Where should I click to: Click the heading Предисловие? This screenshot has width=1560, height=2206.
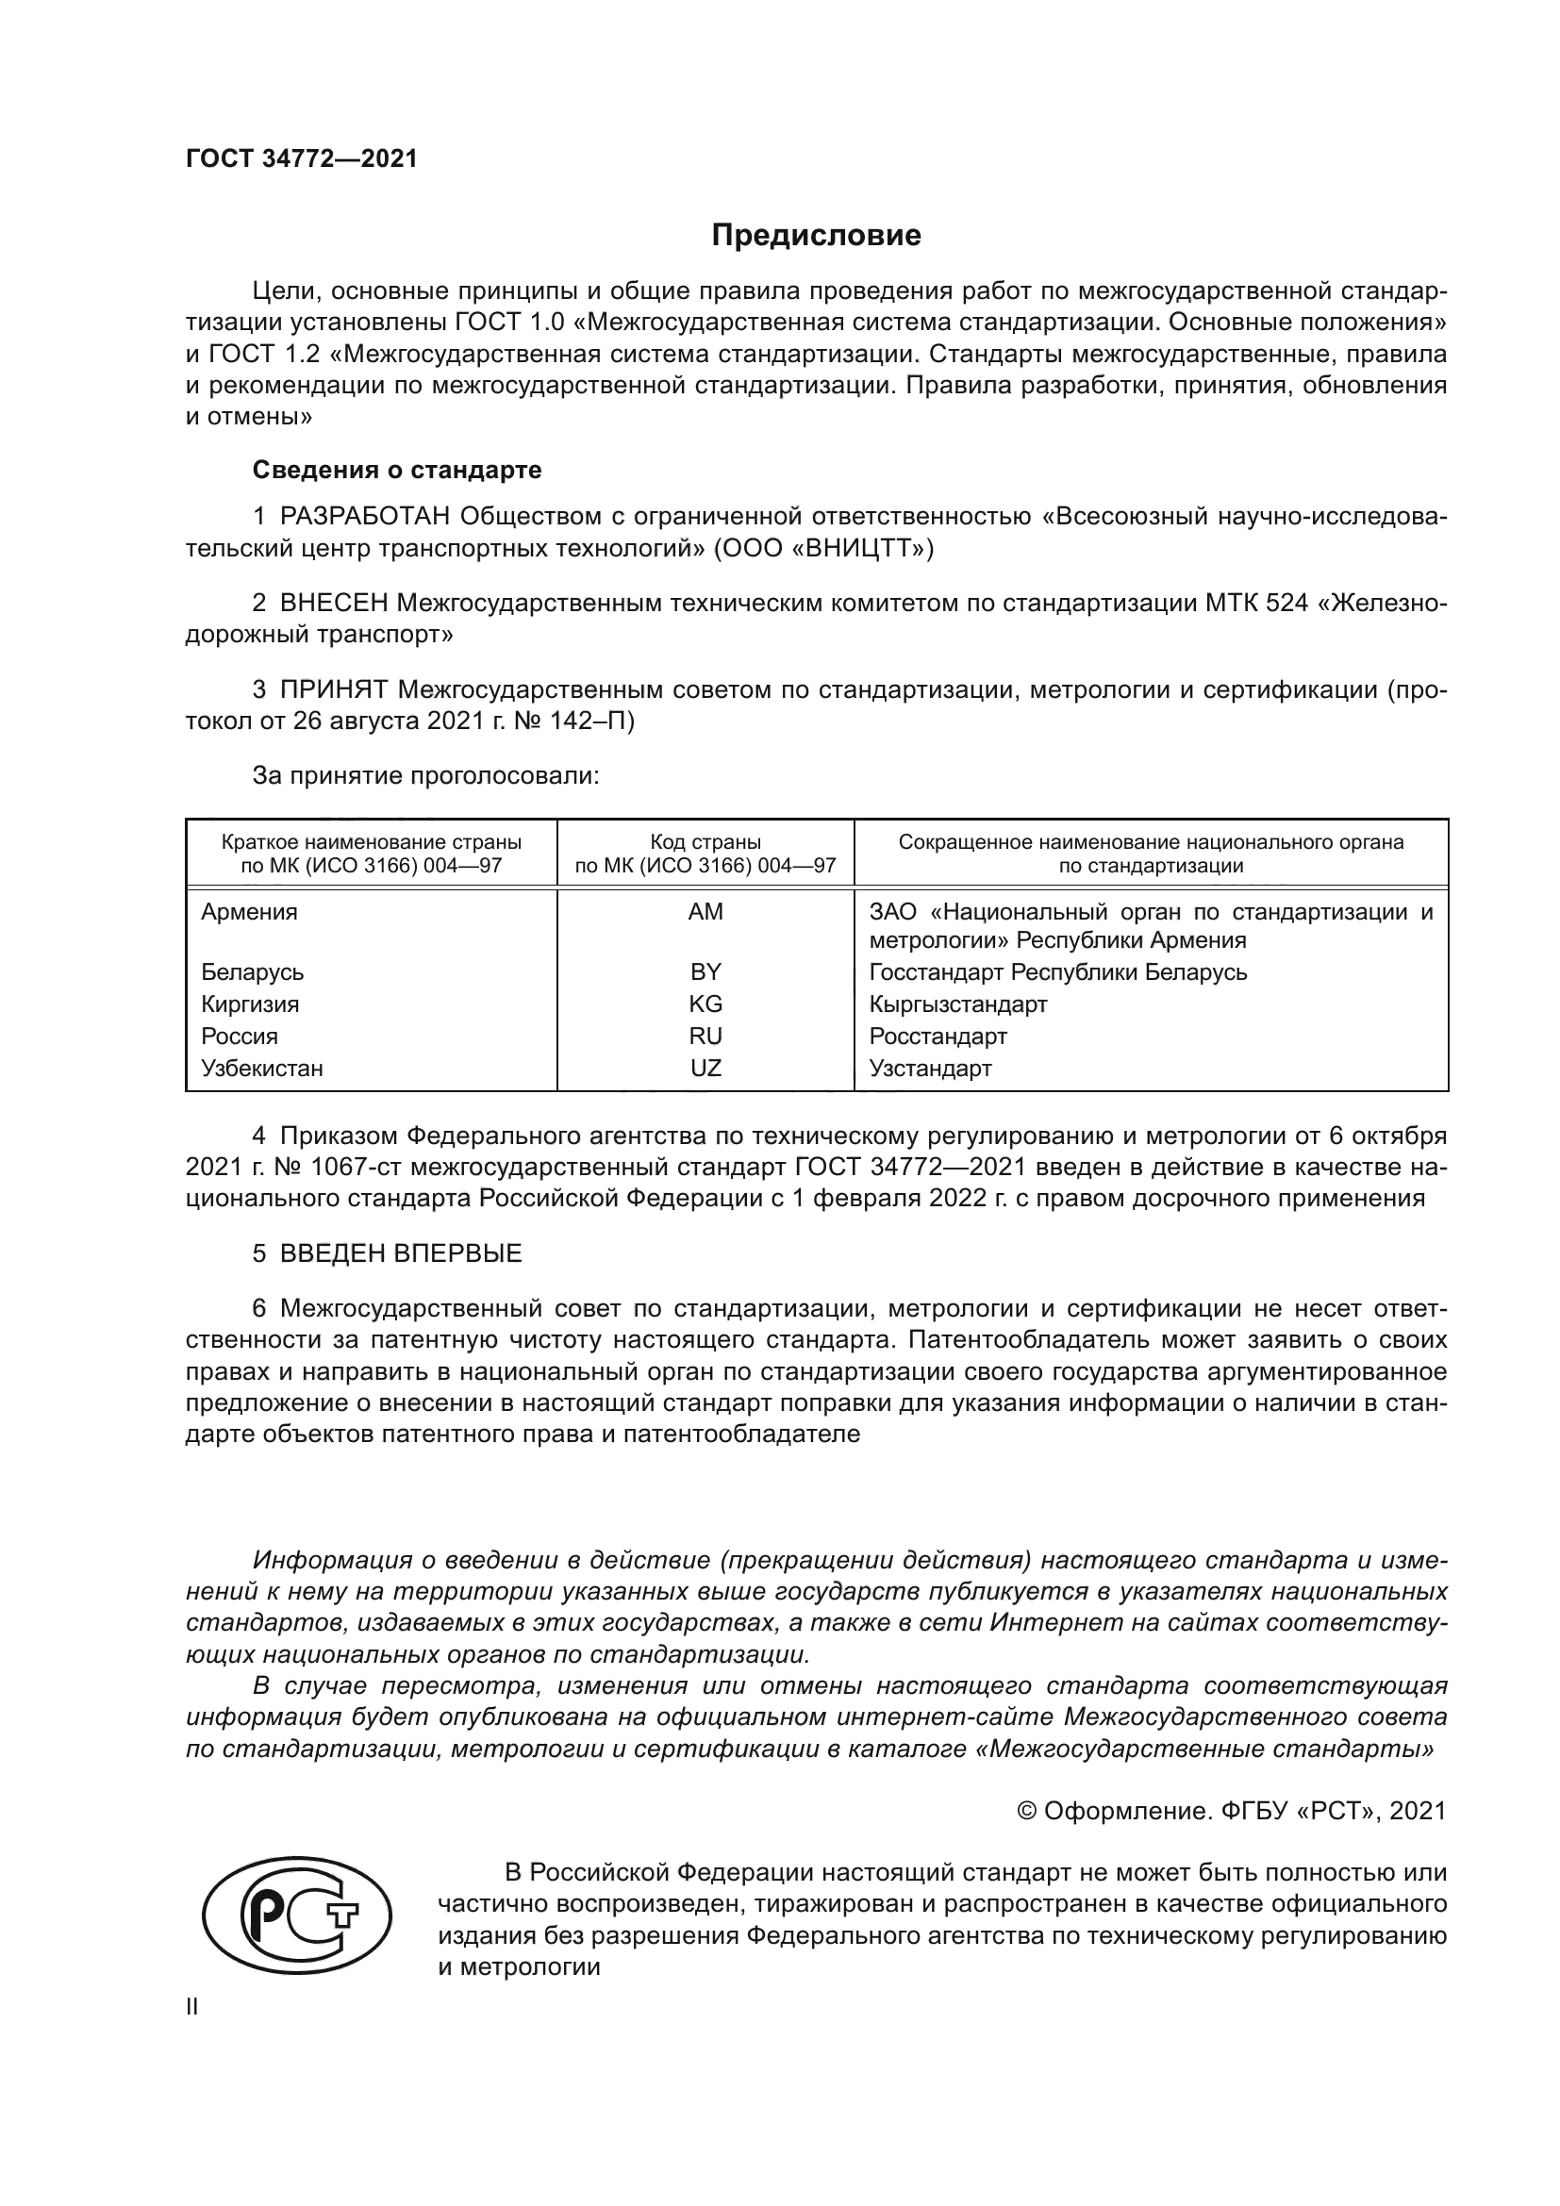(x=816, y=236)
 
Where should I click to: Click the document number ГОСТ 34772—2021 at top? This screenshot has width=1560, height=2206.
(x=302, y=159)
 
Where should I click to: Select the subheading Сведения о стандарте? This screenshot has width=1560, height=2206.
(x=397, y=470)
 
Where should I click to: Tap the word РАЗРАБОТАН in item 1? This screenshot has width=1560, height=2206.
(x=365, y=517)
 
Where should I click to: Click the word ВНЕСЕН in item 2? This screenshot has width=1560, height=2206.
(x=333, y=604)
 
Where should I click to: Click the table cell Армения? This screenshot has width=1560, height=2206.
(x=249, y=912)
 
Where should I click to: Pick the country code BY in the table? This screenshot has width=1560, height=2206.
(x=705, y=971)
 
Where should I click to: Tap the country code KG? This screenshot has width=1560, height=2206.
(x=705, y=1004)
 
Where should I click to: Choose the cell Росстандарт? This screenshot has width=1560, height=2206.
(x=938, y=1036)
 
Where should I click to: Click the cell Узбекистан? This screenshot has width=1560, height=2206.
(x=261, y=1069)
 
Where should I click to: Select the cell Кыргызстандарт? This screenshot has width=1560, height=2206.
(x=957, y=1004)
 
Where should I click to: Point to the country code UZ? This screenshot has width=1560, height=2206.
(x=705, y=1069)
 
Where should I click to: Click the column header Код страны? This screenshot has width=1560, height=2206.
(x=705, y=842)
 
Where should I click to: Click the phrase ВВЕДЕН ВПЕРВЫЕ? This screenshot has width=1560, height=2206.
(x=401, y=1253)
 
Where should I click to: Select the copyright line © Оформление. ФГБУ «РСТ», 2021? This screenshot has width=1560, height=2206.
(x=1231, y=1811)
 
